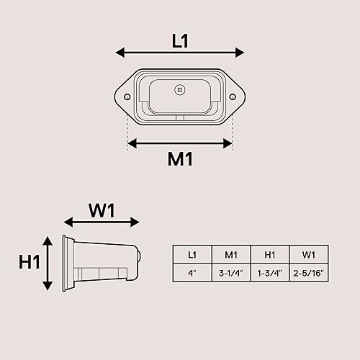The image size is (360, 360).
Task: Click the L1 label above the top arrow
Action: point(180,41)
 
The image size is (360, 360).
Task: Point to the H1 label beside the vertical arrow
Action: point(29,262)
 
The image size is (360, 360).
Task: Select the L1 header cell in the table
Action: point(192,254)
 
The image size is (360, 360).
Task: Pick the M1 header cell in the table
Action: point(231,254)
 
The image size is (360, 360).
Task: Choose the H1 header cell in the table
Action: point(270,254)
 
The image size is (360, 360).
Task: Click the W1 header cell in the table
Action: point(309,254)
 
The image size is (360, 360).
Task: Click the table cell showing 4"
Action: point(192,273)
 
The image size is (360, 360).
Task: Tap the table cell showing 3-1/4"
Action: point(231,273)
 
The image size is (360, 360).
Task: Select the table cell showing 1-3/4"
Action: point(270,273)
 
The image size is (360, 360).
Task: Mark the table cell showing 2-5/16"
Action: point(309,273)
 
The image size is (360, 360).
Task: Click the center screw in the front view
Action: point(180,89)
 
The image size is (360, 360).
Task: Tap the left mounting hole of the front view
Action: point(127,96)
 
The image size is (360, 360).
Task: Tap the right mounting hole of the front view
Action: point(232,96)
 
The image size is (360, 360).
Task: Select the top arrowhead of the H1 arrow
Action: point(48,240)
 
